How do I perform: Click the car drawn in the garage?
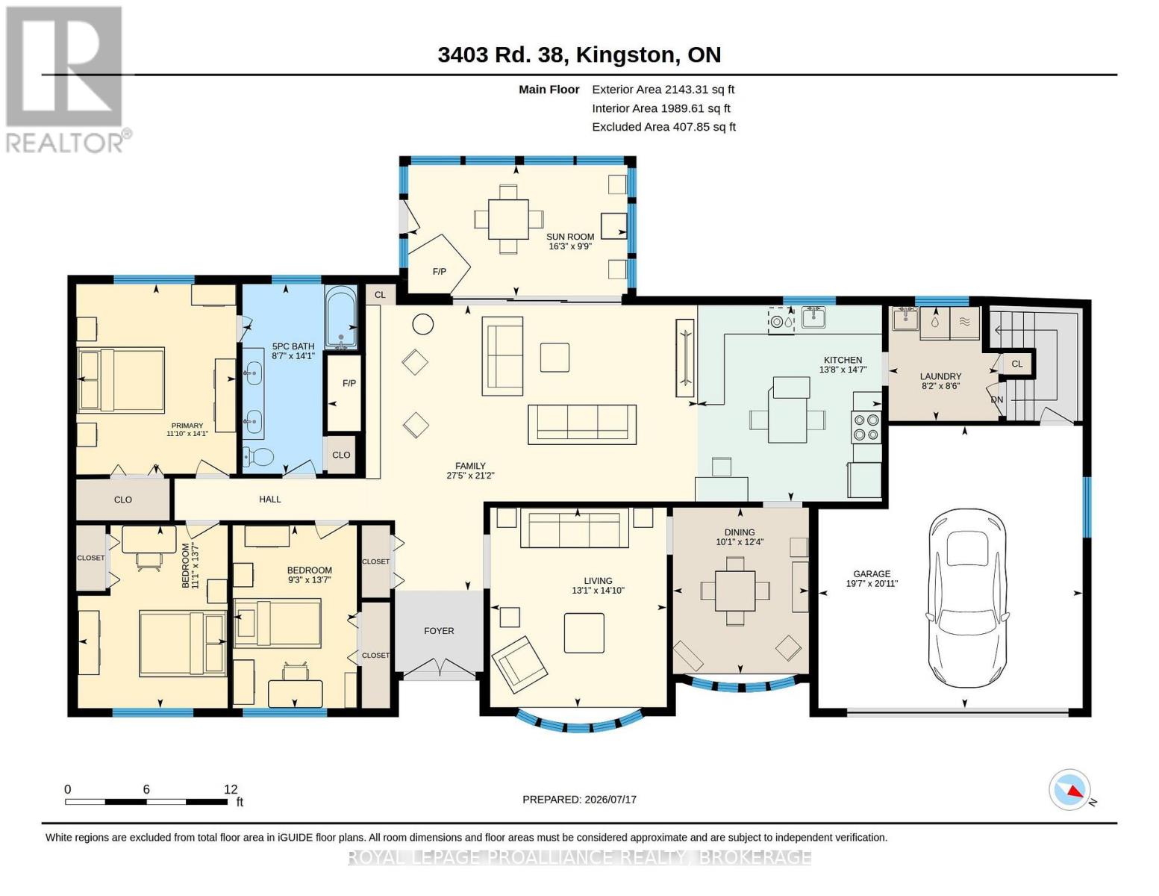point(967,598)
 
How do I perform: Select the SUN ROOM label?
point(569,237)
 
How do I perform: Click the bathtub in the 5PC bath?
point(341,318)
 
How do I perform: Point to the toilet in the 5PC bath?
point(258,456)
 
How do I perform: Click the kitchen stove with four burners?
point(866,427)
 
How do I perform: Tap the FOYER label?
point(439,631)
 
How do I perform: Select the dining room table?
point(735,591)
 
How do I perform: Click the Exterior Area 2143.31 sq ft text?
point(663,90)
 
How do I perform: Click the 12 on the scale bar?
point(231,789)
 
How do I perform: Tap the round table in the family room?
point(423,324)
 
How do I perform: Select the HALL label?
point(270,499)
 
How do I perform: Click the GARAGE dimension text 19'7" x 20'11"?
point(872,584)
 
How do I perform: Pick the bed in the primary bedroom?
point(121,380)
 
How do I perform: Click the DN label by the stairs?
point(996,399)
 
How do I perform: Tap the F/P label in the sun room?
point(439,272)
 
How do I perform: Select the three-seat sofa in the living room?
point(575,529)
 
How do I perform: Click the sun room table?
point(508,220)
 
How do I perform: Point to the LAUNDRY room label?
point(940,376)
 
